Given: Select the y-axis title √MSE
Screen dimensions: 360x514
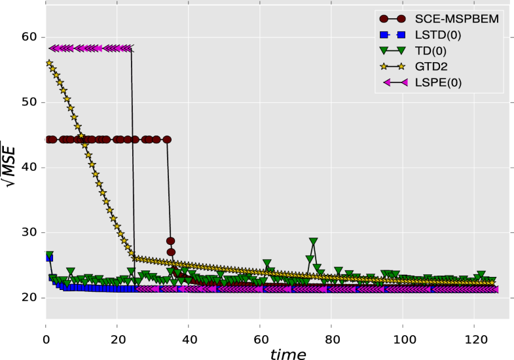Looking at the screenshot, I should coord(12,164).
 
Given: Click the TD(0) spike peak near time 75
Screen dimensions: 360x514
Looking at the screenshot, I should coord(314,242).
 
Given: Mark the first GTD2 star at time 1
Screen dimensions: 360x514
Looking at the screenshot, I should coord(49,63).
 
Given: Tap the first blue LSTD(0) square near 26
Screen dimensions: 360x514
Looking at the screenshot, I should coord(49,258).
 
